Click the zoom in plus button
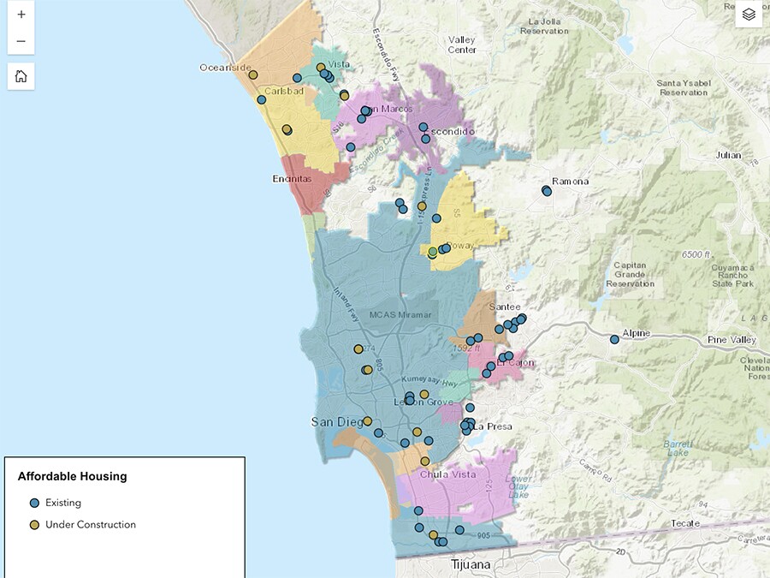pyautogui.click(x=21, y=15)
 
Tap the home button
pyautogui.click(x=21, y=76)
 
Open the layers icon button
pyautogui.click(x=749, y=15)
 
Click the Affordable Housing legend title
pyautogui.click(x=72, y=476)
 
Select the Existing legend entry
pyautogui.click(x=62, y=503)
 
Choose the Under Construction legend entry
pyautogui.click(x=90, y=524)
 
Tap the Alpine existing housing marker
pyautogui.click(x=614, y=340)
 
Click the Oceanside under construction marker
pyautogui.click(x=253, y=75)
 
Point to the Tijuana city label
pyautogui.click(x=471, y=565)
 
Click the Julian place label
pyautogui.click(x=729, y=155)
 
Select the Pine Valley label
pyautogui.click(x=732, y=340)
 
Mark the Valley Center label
pyautogui.click(x=462, y=45)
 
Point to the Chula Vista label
pyautogui.click(x=446, y=474)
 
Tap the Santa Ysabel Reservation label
pyautogui.click(x=683, y=87)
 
